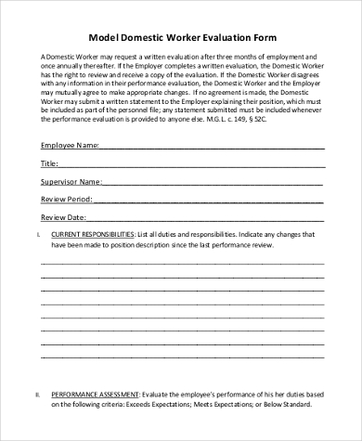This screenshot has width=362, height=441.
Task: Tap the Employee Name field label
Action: coord(70,145)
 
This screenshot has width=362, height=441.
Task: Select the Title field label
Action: coord(49,162)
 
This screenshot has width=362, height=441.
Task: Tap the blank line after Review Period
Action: coord(208,201)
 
